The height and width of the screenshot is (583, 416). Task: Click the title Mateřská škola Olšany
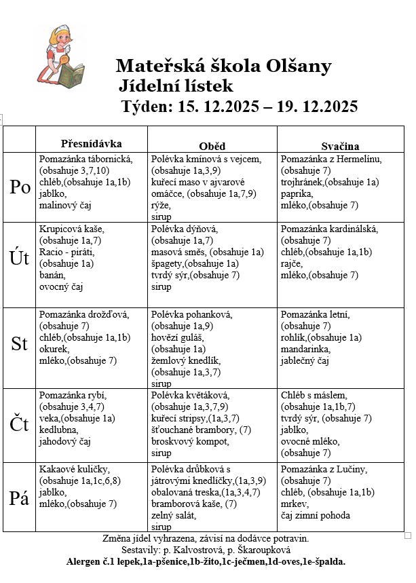pyautogui.click(x=223, y=66)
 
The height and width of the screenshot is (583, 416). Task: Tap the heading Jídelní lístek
pyautogui.click(x=175, y=86)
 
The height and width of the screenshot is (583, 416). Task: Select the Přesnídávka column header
pyautogui.click(x=91, y=144)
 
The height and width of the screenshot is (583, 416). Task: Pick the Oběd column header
pyautogui.click(x=212, y=146)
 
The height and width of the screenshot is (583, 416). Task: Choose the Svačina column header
pyautogui.click(x=340, y=146)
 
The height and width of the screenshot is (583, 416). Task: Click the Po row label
pyautogui.click(x=20, y=188)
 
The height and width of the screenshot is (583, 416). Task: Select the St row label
pyautogui.click(x=20, y=343)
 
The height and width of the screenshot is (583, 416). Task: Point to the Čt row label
pyautogui.click(x=20, y=424)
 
